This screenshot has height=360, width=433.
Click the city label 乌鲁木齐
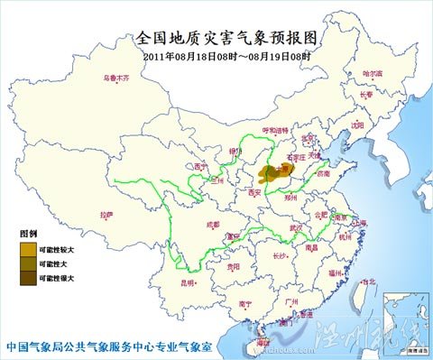pos(115,78)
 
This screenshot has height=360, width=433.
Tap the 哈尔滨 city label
pos(373,72)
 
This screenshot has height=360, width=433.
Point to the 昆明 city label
pos(188,282)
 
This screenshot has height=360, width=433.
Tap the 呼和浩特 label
pos(275,130)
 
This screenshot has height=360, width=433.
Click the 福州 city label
pos(336,270)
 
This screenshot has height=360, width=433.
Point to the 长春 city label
pos(365,93)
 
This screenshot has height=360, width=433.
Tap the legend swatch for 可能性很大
pos(29,279)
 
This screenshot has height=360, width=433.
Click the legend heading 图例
pos(30,234)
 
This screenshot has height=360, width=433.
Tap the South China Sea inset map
pos(402,315)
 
